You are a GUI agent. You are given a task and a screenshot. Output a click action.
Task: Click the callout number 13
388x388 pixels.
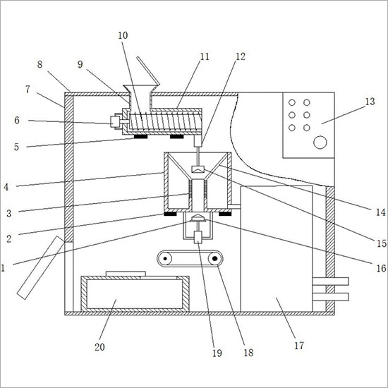click(x=370, y=102)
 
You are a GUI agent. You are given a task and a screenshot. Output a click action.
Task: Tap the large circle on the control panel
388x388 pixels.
click(x=320, y=143)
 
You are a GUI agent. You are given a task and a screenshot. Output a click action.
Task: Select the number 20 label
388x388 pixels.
click(x=99, y=347)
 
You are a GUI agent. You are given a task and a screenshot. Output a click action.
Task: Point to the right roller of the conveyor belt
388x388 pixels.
click(x=214, y=259)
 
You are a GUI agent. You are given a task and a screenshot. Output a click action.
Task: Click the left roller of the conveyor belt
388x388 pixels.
click(x=164, y=259)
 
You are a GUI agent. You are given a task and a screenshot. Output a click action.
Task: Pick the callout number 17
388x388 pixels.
click(x=299, y=346)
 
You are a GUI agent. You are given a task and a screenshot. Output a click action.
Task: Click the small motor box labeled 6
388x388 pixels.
click(x=115, y=121)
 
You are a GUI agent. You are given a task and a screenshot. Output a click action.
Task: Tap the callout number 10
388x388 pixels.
click(x=123, y=35)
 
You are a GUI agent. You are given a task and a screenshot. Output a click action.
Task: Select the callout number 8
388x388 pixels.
click(x=40, y=64)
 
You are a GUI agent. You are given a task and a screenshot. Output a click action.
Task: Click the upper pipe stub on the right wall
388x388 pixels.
click(x=331, y=281)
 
